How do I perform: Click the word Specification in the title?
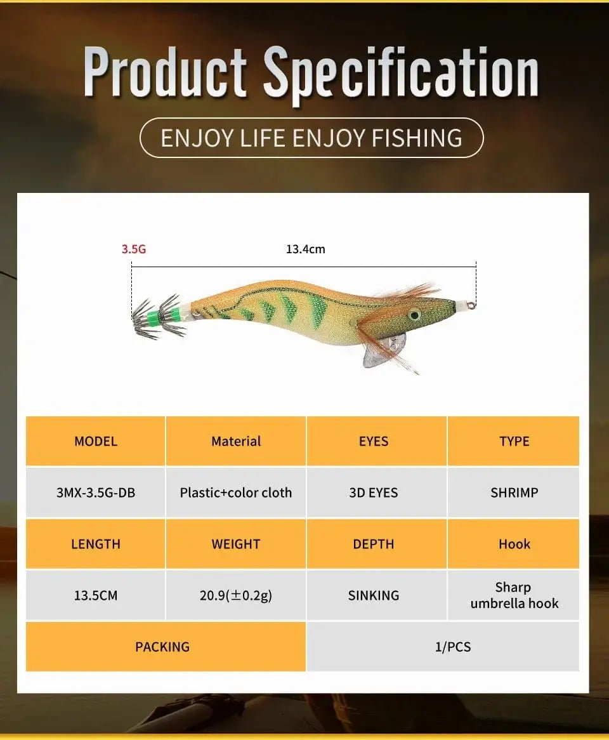[401, 75]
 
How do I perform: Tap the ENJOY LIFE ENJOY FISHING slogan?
[311, 138]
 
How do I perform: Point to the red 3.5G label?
[134, 249]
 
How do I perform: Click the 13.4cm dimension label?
[305, 249]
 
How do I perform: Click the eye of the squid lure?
[414, 314]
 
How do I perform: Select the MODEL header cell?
[96, 441]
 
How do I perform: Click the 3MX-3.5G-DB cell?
[96, 492]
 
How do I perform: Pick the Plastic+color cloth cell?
[236, 492]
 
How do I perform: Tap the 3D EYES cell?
[374, 492]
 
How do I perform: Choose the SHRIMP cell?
[514, 492]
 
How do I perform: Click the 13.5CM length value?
[96, 595]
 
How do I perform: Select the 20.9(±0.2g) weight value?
[236, 595]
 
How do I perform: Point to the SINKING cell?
[374, 595]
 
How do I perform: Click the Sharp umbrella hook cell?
[514, 595]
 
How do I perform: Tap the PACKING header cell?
[162, 647]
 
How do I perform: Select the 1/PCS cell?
[453, 647]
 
